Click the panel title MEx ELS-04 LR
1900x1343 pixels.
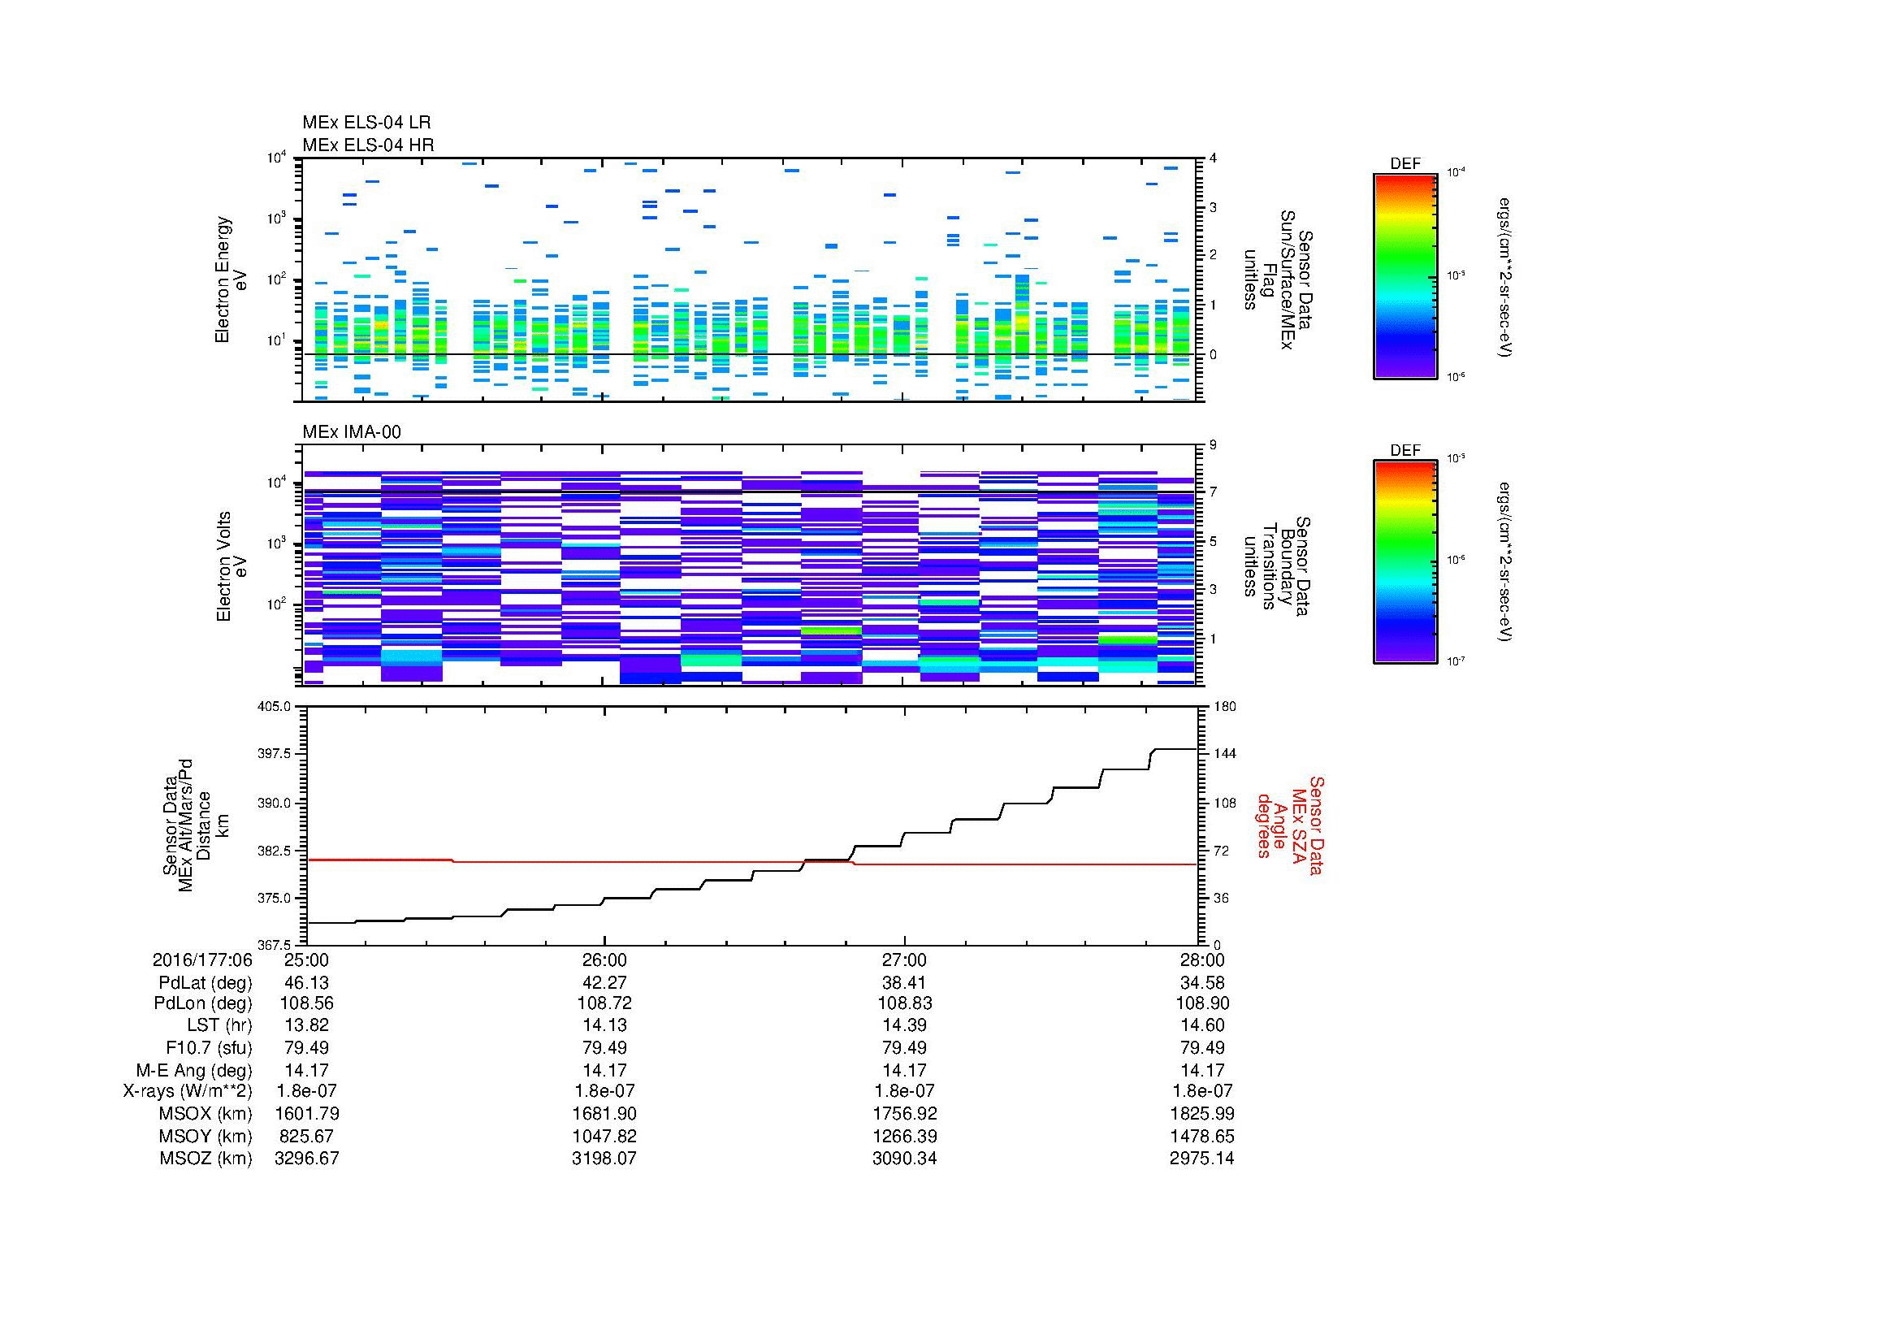[366, 123]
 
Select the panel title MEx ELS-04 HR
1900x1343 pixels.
[367, 145]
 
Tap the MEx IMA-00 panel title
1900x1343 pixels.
[351, 432]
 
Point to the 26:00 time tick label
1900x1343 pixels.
[604, 960]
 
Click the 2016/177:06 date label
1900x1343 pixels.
[202, 960]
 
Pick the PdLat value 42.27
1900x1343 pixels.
[604, 983]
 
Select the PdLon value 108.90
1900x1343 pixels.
[1201, 1003]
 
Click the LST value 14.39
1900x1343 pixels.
[903, 1025]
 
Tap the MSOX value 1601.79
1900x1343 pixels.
[306, 1114]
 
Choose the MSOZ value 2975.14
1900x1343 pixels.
[1201, 1159]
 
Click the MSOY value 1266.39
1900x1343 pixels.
[903, 1136]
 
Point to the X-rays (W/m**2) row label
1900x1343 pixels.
[187, 1091]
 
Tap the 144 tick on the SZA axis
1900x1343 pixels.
[1225, 754]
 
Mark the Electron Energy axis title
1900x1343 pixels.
[223, 279]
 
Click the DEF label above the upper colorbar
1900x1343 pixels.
[1405, 164]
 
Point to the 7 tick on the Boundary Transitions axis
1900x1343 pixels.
[1214, 492]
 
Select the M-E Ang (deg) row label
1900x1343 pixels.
[193, 1070]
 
